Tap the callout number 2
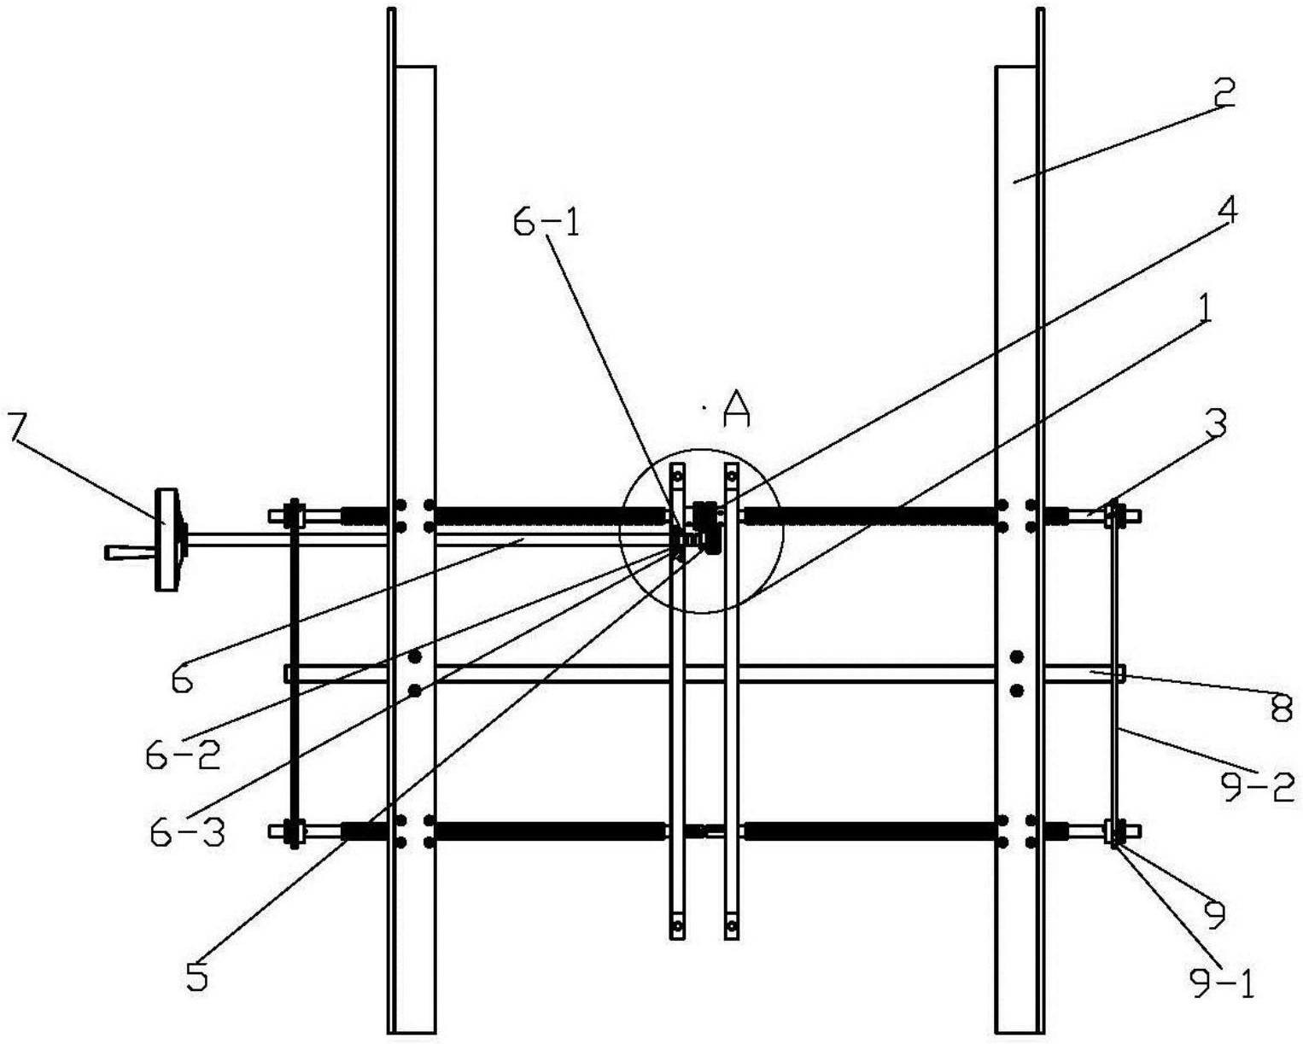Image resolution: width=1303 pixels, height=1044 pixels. click(1223, 92)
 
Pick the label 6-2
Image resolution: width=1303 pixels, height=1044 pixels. click(182, 755)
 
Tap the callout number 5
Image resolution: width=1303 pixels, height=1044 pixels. click(197, 978)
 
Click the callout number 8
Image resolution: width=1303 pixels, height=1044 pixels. click(1281, 708)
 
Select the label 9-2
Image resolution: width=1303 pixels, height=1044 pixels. click(1257, 786)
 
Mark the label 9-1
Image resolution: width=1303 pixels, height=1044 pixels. click(1223, 986)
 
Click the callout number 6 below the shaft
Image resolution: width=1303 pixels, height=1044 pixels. click(181, 680)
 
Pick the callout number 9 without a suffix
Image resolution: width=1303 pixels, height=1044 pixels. click(1214, 914)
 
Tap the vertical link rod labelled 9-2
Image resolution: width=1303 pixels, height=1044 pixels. click(1116, 683)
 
